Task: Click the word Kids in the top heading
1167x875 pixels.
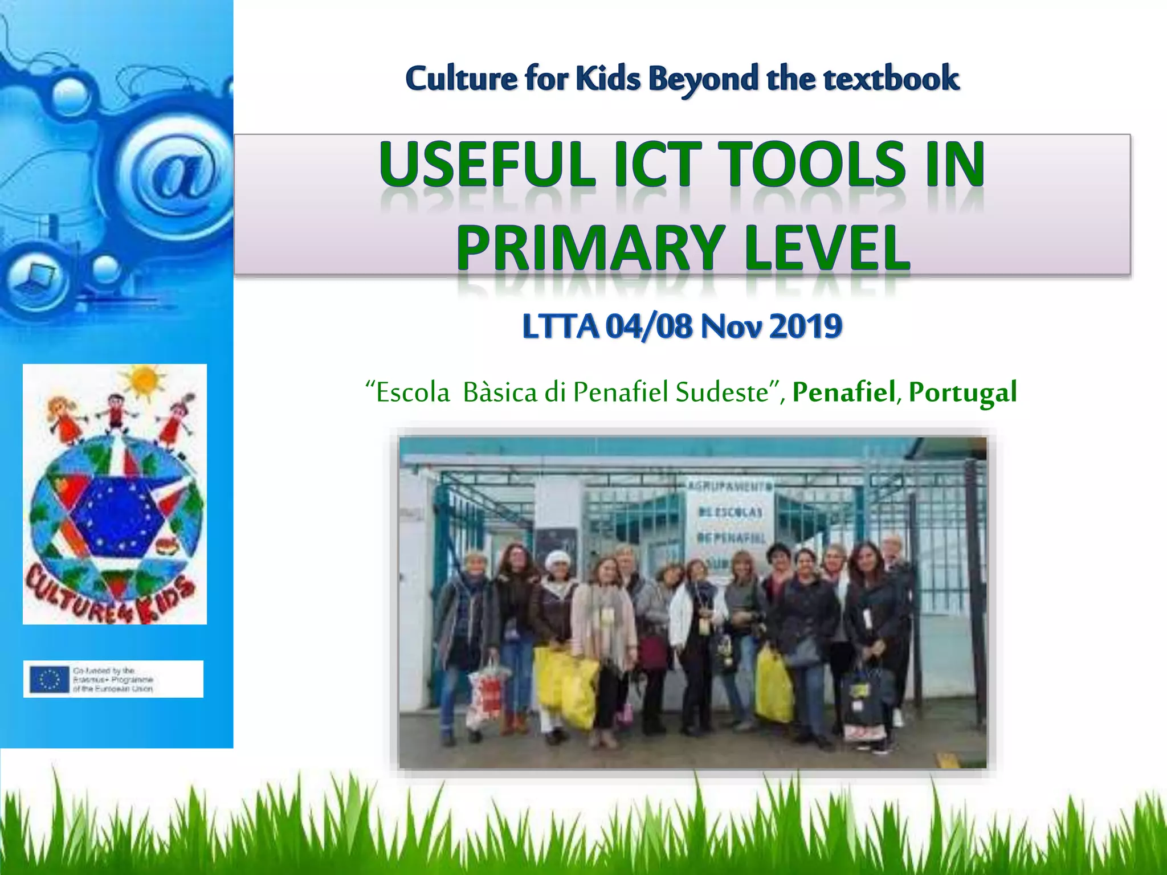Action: pyautogui.click(x=608, y=78)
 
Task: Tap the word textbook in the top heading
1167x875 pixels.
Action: pyautogui.click(x=891, y=78)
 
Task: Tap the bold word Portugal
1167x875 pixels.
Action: pyautogui.click(x=962, y=392)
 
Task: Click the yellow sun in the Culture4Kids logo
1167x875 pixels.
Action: pyautogui.click(x=144, y=381)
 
